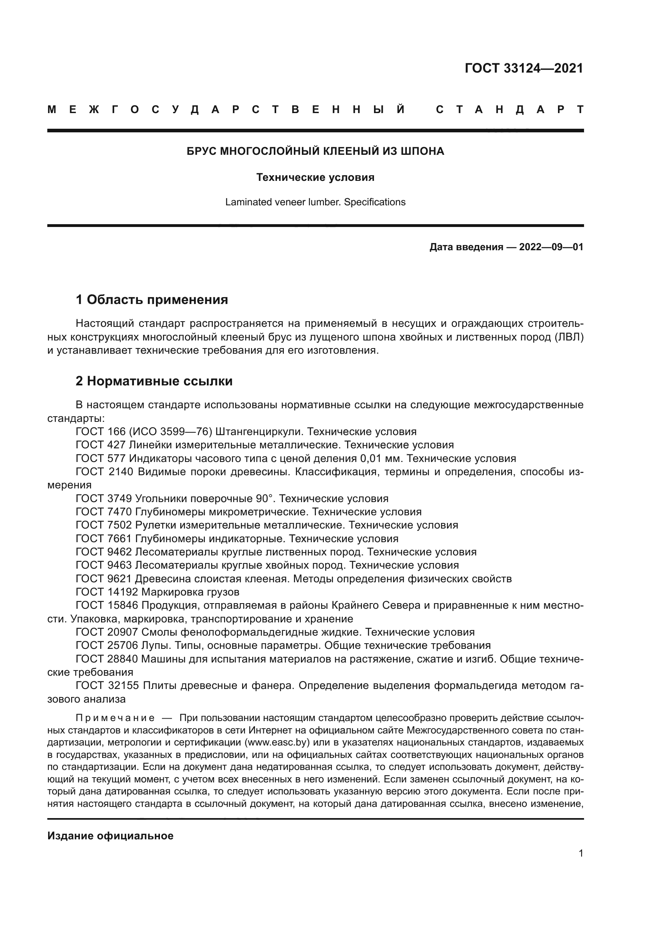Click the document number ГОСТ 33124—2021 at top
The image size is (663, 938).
[x=524, y=68]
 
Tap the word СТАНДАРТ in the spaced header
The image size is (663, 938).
[x=509, y=110]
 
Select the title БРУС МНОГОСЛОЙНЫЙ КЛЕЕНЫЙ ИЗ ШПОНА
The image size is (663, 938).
[x=315, y=152]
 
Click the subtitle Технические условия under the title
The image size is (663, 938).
[x=315, y=178]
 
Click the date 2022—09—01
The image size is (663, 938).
[x=551, y=247]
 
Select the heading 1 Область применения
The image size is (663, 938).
[x=152, y=300]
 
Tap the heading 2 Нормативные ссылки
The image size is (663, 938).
[x=154, y=381]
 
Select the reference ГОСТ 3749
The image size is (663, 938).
[x=104, y=498]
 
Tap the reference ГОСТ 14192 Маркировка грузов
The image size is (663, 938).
[x=158, y=592]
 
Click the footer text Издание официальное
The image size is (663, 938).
[x=110, y=836]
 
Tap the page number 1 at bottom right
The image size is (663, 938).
[x=580, y=853]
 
